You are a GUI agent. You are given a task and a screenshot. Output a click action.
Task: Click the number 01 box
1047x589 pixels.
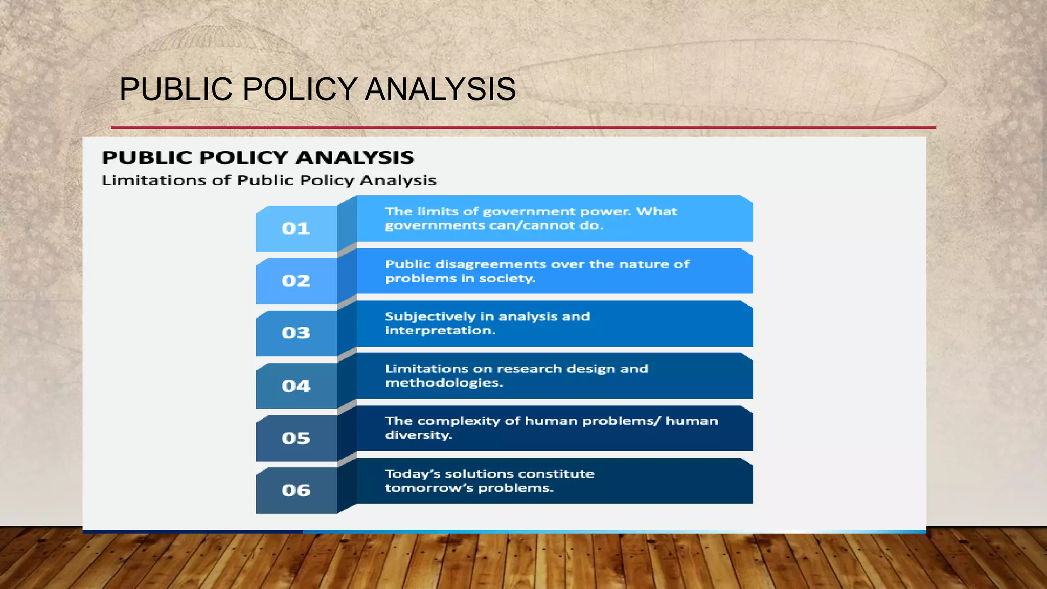296,229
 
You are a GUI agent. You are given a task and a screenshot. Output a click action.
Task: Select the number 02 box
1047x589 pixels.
296,281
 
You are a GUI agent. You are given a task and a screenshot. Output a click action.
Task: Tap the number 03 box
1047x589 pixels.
296,333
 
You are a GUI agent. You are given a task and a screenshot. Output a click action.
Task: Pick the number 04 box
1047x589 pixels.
296,386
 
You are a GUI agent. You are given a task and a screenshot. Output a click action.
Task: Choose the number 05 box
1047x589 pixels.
296,438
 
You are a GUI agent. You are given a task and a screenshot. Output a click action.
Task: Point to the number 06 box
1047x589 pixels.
296,491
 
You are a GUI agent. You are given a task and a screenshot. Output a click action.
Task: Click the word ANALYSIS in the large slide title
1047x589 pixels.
440,89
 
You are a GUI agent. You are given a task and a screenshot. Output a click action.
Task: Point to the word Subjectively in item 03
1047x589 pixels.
430,316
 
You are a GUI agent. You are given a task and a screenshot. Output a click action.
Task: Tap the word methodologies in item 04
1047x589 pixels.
443,383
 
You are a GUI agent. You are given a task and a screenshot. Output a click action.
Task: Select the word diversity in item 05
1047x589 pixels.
418,435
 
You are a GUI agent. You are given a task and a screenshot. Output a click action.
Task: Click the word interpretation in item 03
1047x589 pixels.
439,331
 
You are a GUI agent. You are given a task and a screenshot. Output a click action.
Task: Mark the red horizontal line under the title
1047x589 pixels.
523,127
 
